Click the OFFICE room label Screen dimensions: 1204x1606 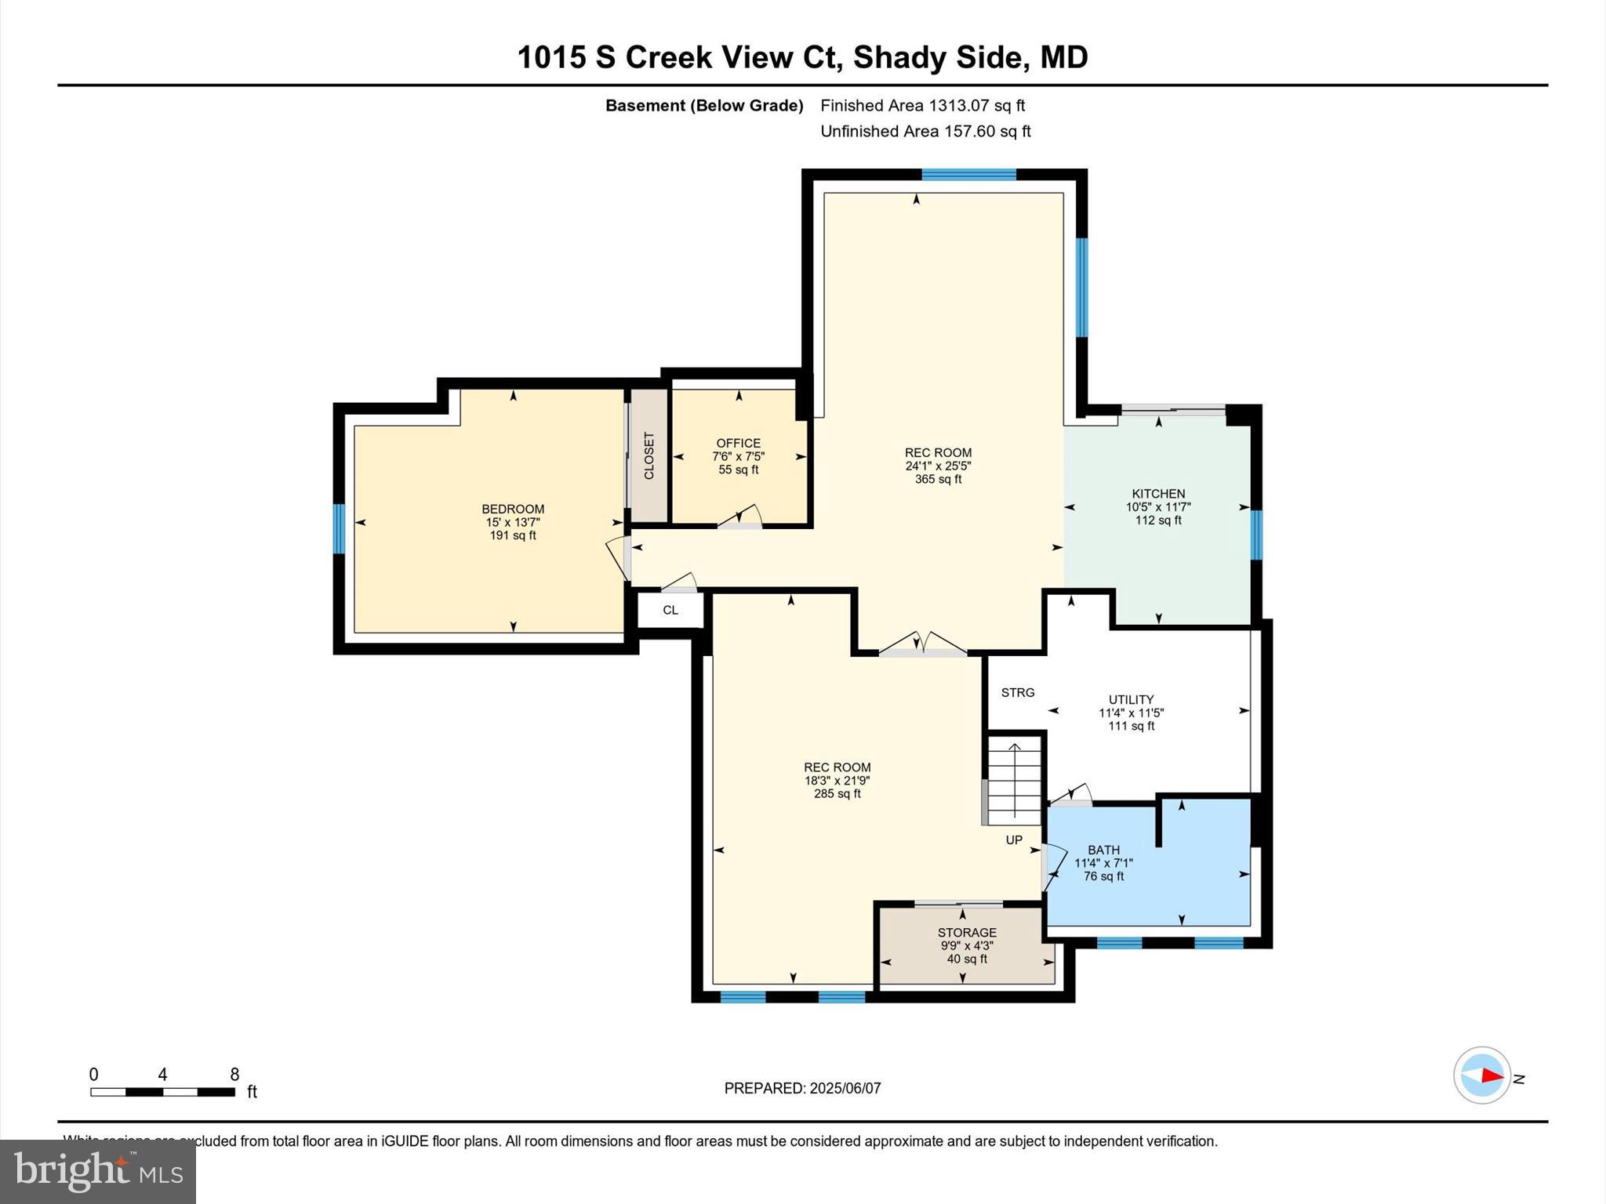(738, 443)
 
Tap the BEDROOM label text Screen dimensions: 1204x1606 (513, 509)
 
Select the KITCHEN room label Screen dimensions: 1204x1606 (1157, 494)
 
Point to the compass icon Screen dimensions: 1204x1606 (1481, 1075)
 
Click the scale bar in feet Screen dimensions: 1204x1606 (162, 1091)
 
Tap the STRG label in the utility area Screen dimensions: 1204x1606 (1018, 692)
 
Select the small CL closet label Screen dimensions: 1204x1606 (670, 610)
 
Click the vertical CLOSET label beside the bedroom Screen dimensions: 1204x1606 (649, 455)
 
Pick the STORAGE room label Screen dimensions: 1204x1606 (967, 932)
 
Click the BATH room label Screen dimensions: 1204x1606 (1103, 850)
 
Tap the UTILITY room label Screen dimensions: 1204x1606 (1131, 699)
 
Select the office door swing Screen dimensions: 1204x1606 (742, 517)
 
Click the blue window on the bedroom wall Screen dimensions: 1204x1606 (339, 528)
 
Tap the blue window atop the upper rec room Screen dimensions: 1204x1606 (968, 174)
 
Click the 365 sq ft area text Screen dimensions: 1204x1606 (938, 479)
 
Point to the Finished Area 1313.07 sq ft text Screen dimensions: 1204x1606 (922, 105)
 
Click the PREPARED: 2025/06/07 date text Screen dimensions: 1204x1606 (802, 1088)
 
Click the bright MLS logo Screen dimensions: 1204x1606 (98, 1171)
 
